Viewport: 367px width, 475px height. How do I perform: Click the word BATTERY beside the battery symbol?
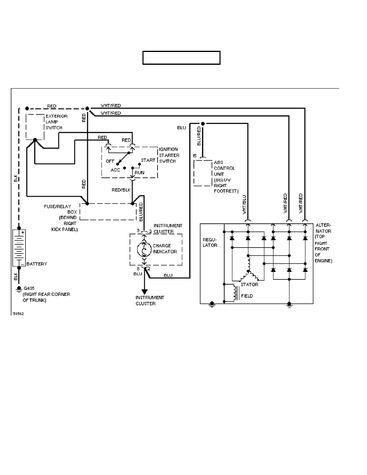point(37,264)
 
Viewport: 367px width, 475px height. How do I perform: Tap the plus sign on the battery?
point(23,232)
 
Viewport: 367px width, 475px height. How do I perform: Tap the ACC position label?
point(115,170)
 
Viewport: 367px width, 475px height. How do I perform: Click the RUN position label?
point(140,172)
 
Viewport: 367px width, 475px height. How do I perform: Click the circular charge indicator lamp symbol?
point(143,249)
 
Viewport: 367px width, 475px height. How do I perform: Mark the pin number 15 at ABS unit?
point(195,155)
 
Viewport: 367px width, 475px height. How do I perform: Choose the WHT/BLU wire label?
point(245,205)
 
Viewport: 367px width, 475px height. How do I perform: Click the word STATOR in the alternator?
point(250,285)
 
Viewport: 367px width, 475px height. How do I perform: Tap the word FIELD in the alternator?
point(247,296)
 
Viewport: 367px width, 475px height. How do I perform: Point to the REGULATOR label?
point(210,242)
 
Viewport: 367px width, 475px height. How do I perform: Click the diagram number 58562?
point(18,314)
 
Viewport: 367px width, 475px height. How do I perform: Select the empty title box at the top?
point(182,58)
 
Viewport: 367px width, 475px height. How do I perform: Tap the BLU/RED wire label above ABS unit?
point(199,136)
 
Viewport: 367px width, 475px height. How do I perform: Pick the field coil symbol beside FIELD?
point(231,293)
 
